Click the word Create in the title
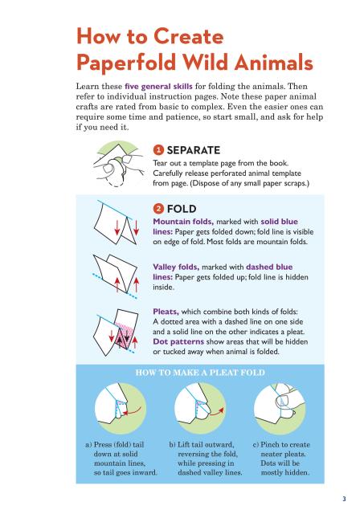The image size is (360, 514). point(189,36)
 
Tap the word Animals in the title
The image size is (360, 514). point(273,62)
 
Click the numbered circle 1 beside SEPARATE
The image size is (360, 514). point(158,150)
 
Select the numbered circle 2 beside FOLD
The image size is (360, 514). point(158,209)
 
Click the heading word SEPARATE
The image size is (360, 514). point(194,150)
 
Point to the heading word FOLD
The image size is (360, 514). point(182,209)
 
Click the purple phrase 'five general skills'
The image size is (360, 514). point(158,87)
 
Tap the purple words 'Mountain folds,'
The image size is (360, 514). point(183,222)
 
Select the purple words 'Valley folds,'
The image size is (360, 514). point(177,267)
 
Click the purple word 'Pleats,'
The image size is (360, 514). point(166,312)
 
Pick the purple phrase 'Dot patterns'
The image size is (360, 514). point(178,341)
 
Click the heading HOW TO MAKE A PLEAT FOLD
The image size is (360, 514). point(200,373)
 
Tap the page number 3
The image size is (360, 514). point(344,499)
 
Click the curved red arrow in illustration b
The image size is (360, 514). point(217,412)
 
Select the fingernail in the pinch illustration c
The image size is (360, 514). point(282,401)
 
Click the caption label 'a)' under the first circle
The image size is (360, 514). point(88,445)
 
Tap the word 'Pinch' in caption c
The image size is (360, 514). point(270,445)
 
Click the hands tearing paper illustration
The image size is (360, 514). point(120,164)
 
